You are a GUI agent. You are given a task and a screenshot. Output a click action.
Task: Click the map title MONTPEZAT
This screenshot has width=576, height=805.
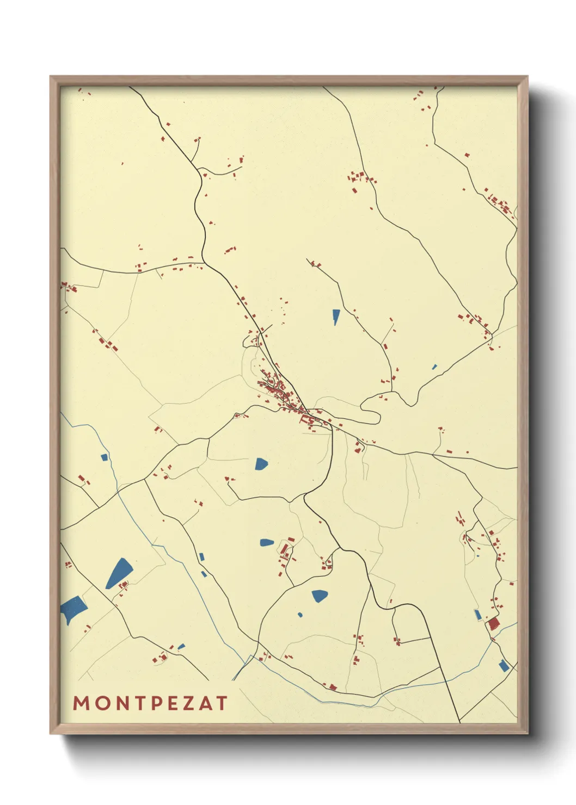(x=150, y=703)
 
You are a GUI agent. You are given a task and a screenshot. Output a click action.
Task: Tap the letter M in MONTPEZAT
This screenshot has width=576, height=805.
(x=81, y=703)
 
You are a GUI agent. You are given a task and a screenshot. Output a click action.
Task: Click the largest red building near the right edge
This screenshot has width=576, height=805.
(x=493, y=623)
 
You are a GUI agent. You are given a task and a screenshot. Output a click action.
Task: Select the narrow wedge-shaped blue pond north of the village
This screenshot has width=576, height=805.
(x=336, y=316)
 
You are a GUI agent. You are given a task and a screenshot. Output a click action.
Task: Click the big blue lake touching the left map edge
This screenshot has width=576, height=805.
(x=72, y=608)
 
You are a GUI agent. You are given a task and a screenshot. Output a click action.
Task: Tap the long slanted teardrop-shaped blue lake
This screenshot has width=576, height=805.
(x=119, y=573)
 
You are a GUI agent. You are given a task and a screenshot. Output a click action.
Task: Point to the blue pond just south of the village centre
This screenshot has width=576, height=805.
(x=261, y=463)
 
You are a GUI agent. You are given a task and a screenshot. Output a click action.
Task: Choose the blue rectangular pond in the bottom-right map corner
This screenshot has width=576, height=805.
(x=504, y=665)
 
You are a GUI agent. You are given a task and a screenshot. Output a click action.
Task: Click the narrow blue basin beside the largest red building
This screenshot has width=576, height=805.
(x=478, y=615)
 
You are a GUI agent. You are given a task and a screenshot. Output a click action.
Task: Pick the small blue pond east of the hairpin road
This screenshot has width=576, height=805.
(x=434, y=367)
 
